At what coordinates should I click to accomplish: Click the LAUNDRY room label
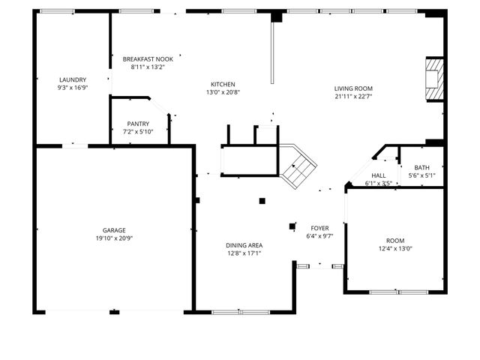(73, 79)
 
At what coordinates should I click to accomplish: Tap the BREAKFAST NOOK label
(148, 58)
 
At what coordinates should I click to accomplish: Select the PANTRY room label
(138, 124)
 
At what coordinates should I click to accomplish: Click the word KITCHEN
(223, 84)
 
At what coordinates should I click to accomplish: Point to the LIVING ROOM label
(353, 88)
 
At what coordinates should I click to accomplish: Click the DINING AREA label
(244, 245)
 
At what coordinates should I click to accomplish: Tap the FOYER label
(320, 227)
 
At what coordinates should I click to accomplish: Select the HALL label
(379, 175)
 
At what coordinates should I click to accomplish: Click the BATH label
(421, 167)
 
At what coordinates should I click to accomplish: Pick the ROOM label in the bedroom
(395, 241)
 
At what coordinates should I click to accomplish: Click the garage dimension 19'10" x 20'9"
(114, 238)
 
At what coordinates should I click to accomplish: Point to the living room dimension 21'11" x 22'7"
(353, 96)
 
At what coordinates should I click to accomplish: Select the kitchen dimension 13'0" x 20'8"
(223, 92)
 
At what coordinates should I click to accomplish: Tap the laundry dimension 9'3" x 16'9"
(73, 88)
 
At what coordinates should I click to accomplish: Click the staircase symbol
(298, 166)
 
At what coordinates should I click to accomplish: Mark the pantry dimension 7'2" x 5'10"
(138, 132)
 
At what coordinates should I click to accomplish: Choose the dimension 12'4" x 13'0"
(395, 249)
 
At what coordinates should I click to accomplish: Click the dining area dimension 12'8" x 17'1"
(244, 253)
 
